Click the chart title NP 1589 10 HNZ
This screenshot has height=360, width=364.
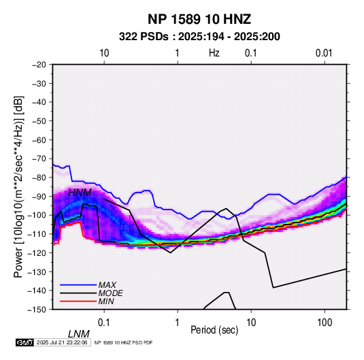(x=199, y=19)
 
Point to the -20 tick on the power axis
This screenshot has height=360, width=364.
(x=39, y=65)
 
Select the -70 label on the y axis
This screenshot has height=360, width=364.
(x=39, y=159)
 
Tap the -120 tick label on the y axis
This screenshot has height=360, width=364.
(x=37, y=252)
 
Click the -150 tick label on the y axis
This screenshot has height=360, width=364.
(x=37, y=310)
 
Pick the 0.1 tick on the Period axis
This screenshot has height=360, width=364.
(x=104, y=323)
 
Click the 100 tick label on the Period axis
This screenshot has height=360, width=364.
(x=325, y=323)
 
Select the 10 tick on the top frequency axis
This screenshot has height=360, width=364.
(x=104, y=53)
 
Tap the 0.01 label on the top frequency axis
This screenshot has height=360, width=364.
(x=324, y=53)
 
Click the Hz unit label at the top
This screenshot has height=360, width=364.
(x=214, y=53)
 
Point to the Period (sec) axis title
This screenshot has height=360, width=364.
(x=214, y=330)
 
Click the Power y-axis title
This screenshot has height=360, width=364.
(x=18, y=187)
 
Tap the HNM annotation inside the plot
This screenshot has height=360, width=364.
(x=80, y=193)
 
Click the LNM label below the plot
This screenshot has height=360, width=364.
(x=79, y=334)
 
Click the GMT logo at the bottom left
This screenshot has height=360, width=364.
(x=25, y=342)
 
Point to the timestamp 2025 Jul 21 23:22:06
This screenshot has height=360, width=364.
(x=62, y=342)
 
